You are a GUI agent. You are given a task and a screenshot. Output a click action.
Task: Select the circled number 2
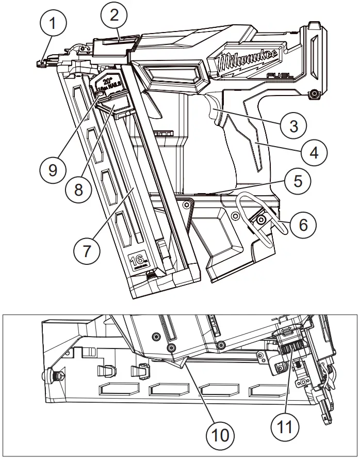pos(114,15)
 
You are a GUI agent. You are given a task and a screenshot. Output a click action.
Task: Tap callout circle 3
pos(293,124)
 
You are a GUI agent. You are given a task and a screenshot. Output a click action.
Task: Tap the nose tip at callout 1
pos(41,64)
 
